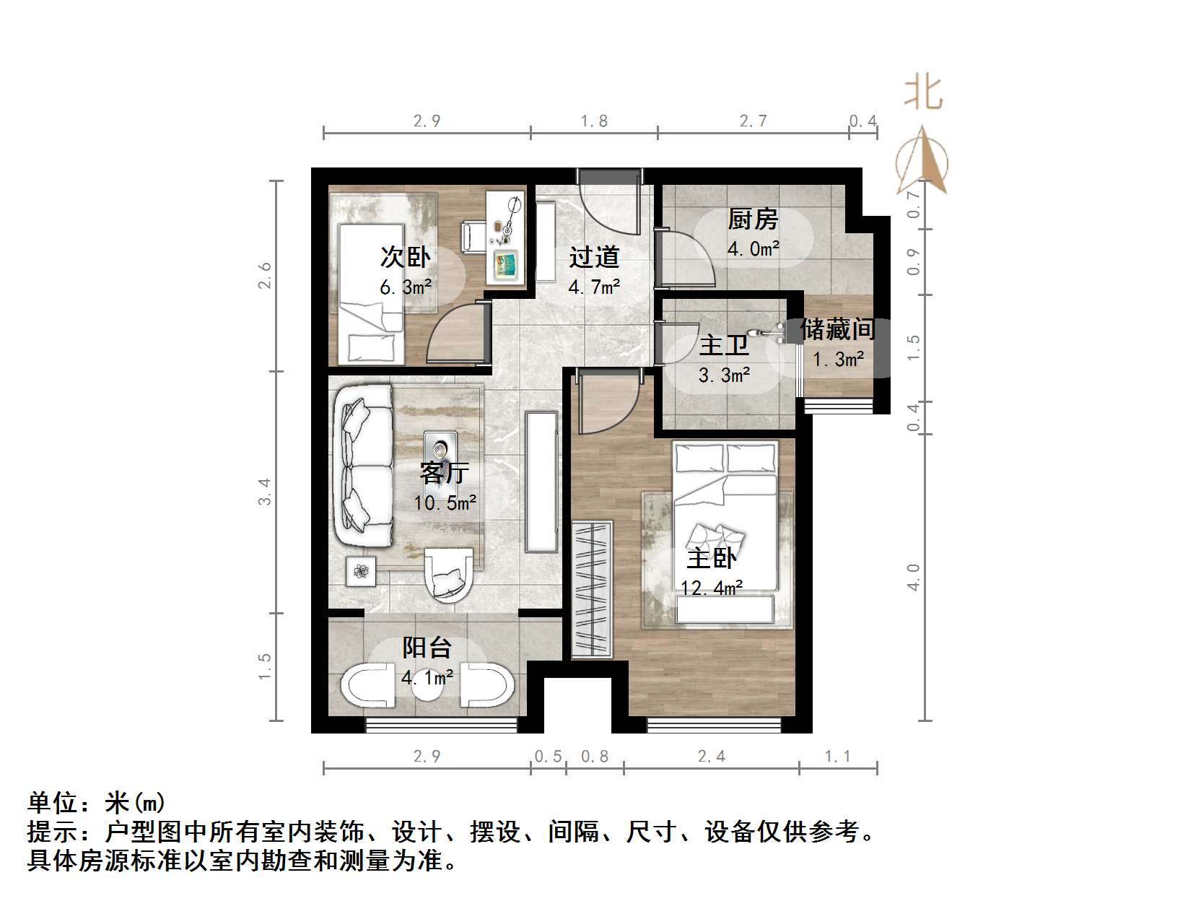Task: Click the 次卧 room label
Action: pos(405,257)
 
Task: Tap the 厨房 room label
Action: pos(753,219)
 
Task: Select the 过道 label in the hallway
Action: pos(594,257)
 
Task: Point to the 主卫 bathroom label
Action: pos(724,345)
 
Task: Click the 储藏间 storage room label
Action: pos(837,330)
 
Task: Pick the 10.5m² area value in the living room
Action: pos(445,502)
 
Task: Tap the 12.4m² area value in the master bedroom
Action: pos(712,588)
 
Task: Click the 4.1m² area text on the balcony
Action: pos(427,677)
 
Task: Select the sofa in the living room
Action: pos(363,466)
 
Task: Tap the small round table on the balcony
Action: pos(427,689)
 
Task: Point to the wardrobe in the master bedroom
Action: pos(592,589)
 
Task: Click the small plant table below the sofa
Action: pos(361,573)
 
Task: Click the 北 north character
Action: pos(923,93)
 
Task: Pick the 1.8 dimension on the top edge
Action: pos(594,121)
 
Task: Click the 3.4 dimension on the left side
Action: pos(265,492)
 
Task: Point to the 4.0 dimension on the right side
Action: pos(914,578)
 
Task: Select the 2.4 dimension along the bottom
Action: pos(712,756)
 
